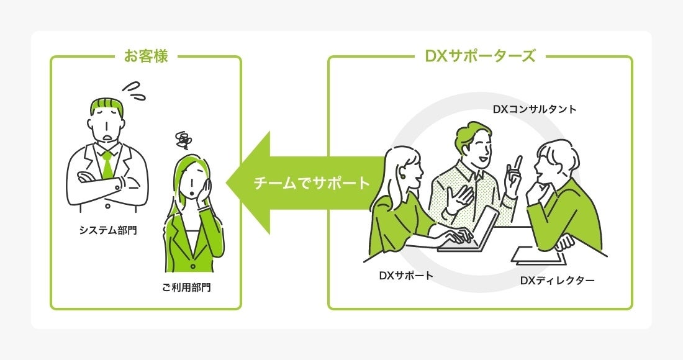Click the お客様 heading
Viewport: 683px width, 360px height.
tap(145, 56)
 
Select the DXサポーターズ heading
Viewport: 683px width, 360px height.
tap(479, 56)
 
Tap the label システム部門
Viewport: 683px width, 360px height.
tap(107, 230)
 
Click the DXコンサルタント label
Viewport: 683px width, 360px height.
tap(535, 109)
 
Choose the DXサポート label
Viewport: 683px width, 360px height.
tap(406, 275)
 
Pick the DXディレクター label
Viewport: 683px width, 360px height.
tap(557, 281)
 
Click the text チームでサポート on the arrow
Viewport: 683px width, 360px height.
tap(312, 184)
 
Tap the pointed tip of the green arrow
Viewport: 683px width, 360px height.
tap(227, 184)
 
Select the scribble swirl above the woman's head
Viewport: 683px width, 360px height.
tap(183, 140)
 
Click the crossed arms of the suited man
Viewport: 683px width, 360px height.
tap(107, 183)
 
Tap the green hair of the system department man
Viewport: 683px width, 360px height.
tap(107, 107)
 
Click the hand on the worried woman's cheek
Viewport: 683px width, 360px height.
tap(206, 187)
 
